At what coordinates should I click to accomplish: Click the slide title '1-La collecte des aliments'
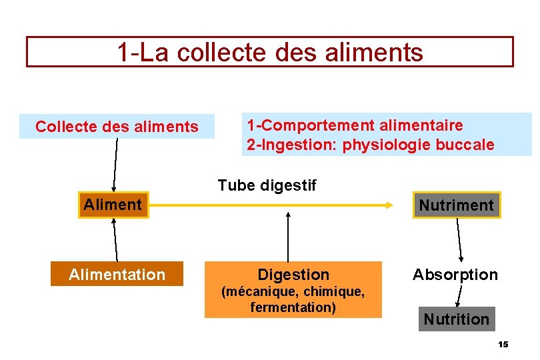(270, 52)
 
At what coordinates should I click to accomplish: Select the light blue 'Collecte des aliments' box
(117, 126)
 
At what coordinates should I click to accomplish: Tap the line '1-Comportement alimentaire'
(355, 125)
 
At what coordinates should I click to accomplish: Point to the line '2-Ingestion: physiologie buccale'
(371, 145)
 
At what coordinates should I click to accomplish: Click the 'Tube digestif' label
(267, 185)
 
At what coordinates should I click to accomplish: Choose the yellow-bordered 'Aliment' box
(113, 205)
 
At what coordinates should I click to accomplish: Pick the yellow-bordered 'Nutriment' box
(456, 205)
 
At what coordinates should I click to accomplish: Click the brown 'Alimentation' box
(117, 275)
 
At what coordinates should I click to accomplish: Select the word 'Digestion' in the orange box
(293, 275)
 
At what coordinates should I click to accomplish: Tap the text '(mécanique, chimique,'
(293, 292)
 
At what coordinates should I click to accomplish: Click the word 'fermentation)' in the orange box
(293, 307)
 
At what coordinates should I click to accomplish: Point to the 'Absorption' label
(455, 275)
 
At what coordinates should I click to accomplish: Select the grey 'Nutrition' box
(457, 319)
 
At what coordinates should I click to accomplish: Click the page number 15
(503, 344)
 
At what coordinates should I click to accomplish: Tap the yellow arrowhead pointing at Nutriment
(388, 205)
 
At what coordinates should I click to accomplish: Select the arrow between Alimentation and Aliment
(115, 239)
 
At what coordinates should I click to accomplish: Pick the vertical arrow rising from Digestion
(288, 236)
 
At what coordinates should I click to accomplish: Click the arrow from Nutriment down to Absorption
(459, 241)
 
